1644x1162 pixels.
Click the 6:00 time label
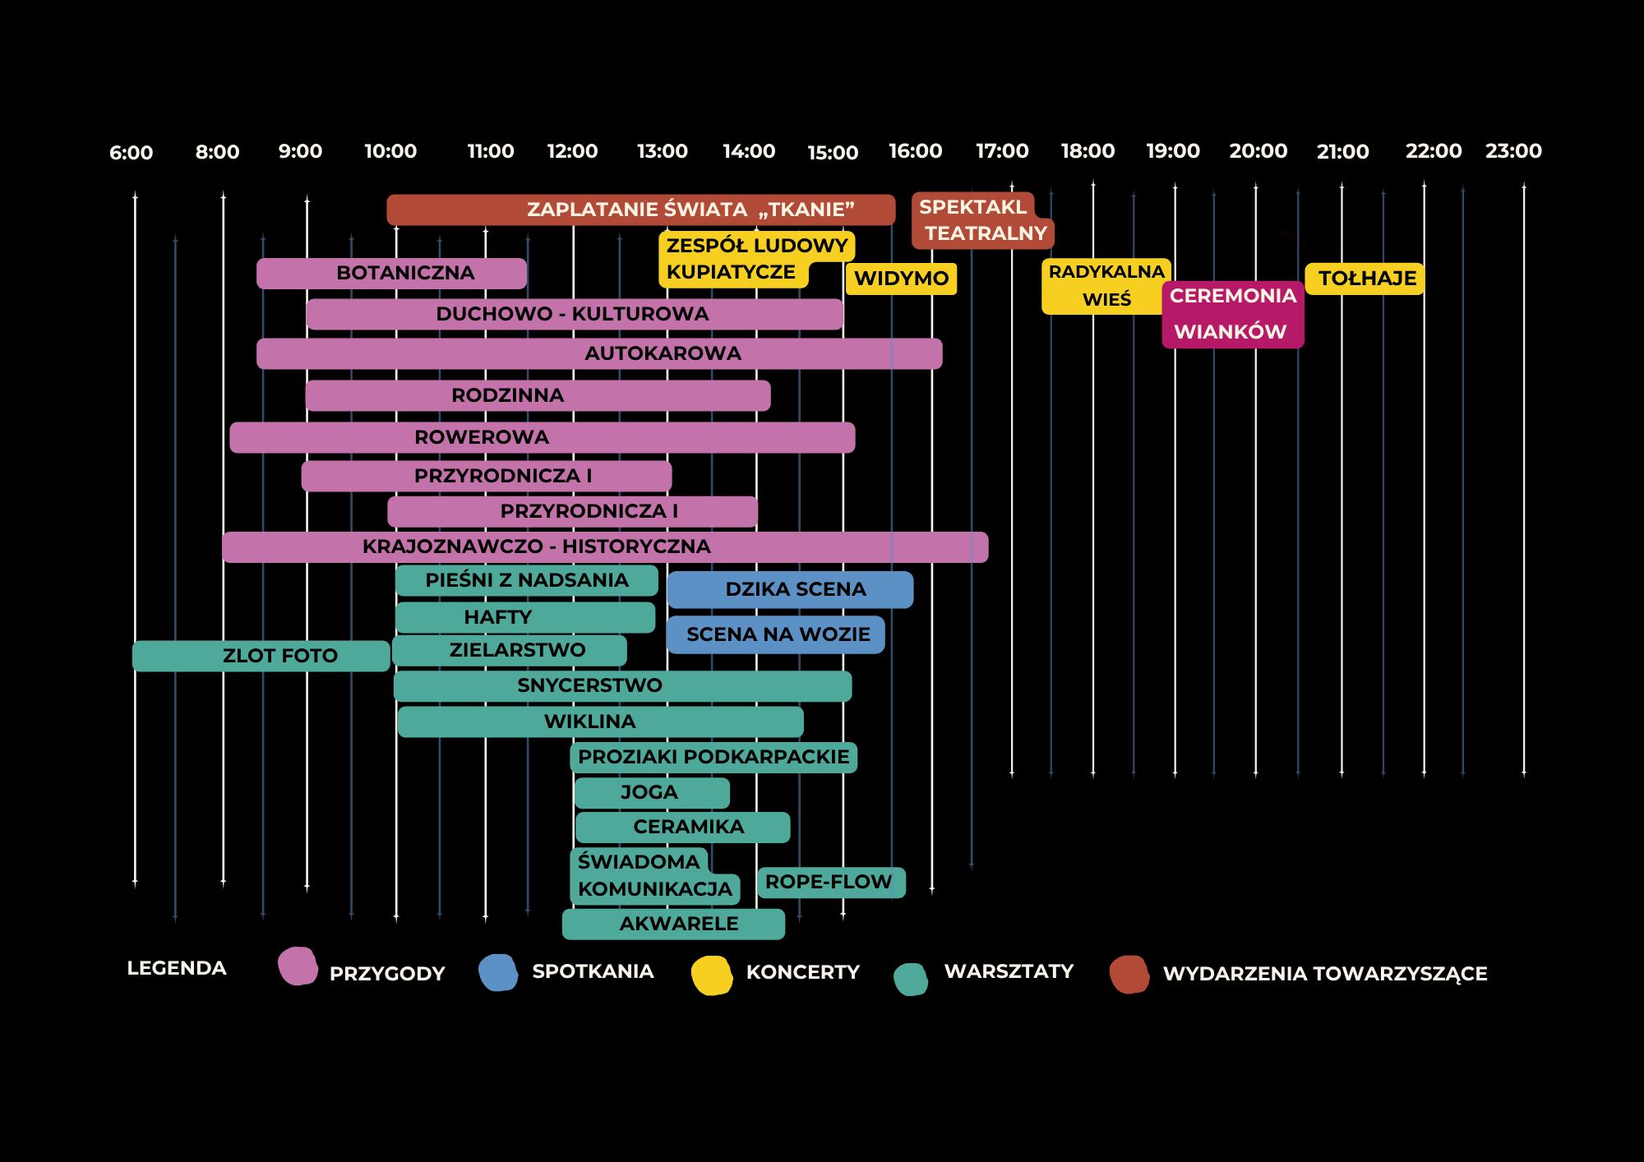tap(131, 153)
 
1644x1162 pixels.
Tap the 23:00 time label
tap(1512, 151)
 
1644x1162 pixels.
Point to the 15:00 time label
tap(832, 153)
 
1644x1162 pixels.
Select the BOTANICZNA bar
tap(391, 274)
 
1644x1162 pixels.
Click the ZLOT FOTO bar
tap(261, 656)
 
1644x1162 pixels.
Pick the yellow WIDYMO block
tap(901, 279)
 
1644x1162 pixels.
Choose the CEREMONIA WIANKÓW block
tap(1232, 315)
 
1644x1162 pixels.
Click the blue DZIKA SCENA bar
tap(790, 589)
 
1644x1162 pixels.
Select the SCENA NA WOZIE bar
tap(776, 634)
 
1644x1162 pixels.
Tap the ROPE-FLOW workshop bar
tap(830, 883)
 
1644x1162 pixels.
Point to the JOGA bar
tap(651, 793)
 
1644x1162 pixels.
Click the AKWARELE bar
tap(673, 924)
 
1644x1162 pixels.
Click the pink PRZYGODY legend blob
tap(298, 966)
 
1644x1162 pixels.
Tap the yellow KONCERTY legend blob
tap(712, 975)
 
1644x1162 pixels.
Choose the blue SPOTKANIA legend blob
tap(498, 973)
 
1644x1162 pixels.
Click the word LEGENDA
tap(177, 968)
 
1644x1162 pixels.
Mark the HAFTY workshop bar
tap(524, 617)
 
